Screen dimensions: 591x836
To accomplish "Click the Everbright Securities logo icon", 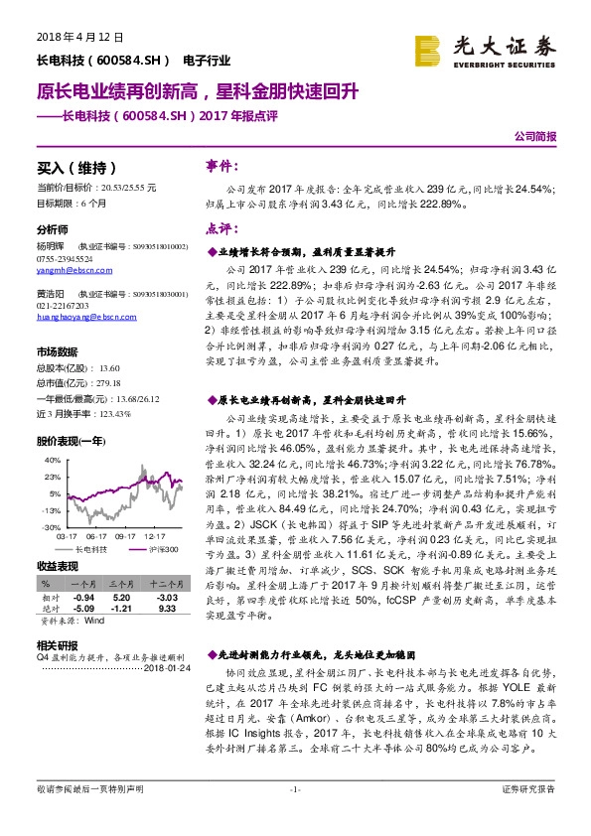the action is [428, 50].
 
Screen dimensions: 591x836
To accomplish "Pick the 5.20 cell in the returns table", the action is [122, 598].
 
